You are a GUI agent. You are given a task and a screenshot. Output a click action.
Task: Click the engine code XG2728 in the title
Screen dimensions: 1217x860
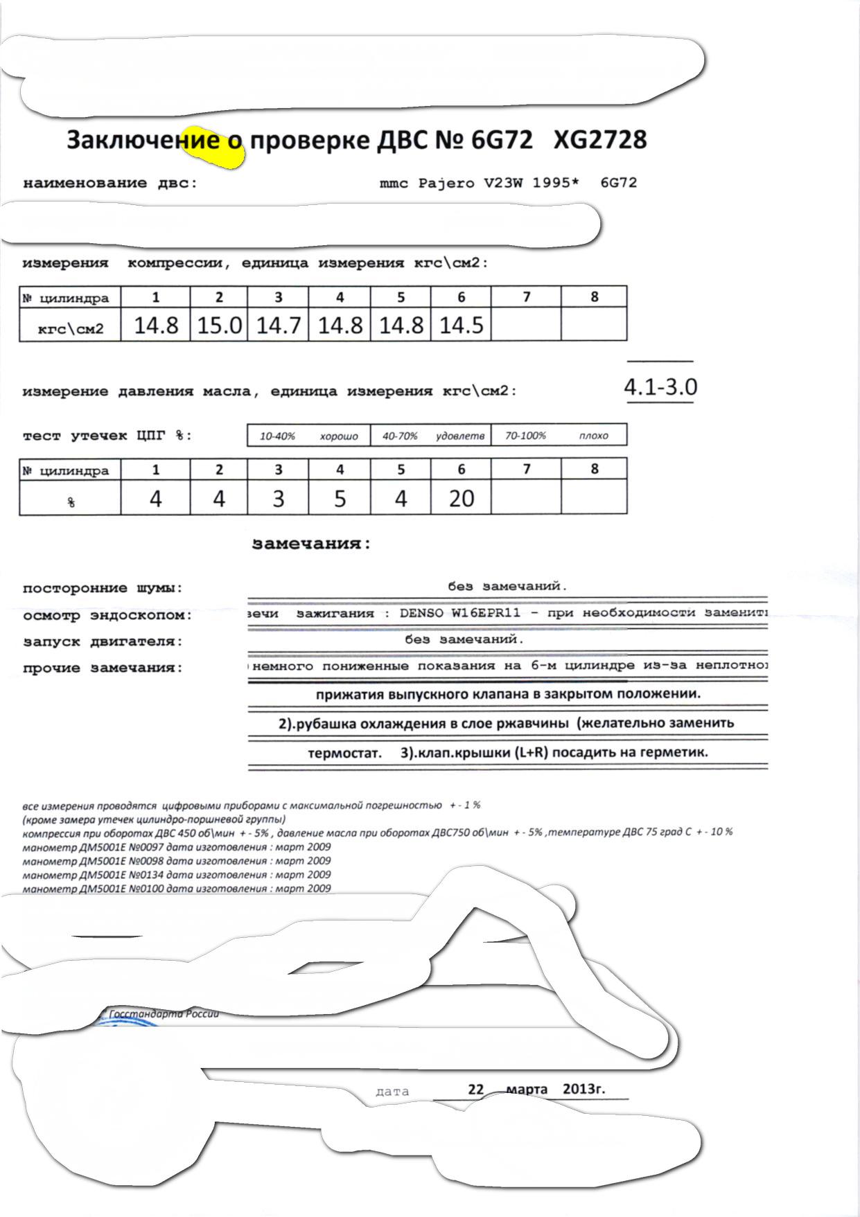tap(600, 140)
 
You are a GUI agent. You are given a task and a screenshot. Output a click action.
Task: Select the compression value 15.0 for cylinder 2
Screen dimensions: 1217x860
tap(219, 326)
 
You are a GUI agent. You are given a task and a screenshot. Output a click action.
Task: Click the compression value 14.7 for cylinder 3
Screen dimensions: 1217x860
tap(278, 326)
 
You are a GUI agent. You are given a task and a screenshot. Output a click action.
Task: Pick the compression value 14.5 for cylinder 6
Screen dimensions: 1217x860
tap(461, 326)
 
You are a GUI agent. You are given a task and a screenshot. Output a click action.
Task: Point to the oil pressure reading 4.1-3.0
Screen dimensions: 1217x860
tap(660, 387)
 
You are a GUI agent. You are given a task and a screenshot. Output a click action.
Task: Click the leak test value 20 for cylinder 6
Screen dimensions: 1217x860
tap(462, 498)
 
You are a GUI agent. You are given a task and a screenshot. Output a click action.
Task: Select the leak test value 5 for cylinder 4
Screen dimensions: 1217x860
tap(340, 498)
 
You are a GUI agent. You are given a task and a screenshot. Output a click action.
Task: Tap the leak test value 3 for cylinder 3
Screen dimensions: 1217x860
tap(278, 498)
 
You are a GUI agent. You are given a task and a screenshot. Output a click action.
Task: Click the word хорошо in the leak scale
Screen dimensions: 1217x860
tap(339, 436)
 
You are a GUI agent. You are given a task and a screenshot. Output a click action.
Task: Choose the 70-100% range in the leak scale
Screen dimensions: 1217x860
tap(525, 436)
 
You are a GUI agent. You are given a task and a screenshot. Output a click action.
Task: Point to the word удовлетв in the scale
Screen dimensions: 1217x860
tap(460, 436)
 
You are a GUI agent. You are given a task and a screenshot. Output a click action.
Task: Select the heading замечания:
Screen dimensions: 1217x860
tap(311, 544)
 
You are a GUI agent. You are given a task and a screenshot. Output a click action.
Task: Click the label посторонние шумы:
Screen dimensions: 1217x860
tap(103, 589)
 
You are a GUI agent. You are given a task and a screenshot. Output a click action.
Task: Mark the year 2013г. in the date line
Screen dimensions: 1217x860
tap(583, 1088)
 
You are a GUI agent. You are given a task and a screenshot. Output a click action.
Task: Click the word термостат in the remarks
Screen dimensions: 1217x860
tap(344, 753)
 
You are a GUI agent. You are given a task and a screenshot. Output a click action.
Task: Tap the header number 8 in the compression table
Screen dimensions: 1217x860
tap(594, 297)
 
